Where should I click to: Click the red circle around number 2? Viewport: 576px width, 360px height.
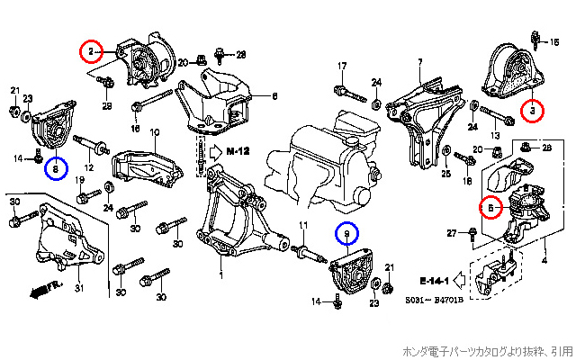[90, 51]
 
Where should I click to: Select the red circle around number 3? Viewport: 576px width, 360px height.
[532, 111]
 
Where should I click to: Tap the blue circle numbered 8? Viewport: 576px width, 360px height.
[55, 167]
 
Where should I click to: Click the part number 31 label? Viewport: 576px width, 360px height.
[78, 288]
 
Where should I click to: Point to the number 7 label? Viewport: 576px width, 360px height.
[419, 62]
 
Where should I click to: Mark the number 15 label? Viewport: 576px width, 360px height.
[554, 41]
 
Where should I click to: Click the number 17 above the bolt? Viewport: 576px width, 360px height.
[342, 67]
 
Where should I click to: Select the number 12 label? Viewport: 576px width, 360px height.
[89, 167]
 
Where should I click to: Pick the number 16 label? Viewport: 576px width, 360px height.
[136, 129]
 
